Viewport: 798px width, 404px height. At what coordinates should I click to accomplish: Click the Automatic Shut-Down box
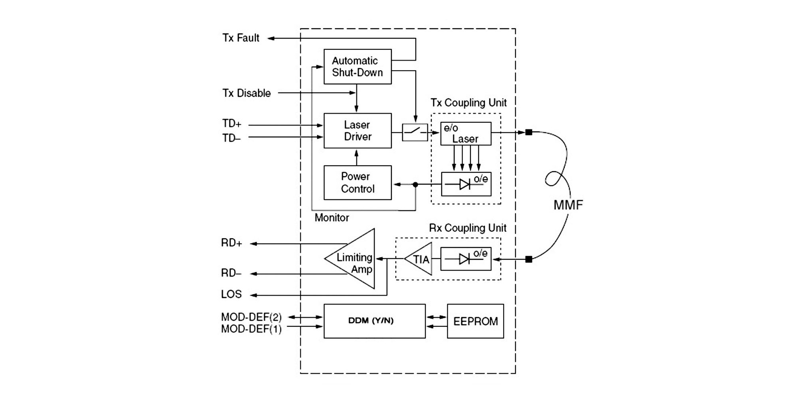[357, 67]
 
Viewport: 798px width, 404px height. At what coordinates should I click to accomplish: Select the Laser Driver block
[357, 131]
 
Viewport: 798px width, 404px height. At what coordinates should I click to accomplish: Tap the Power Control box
[357, 182]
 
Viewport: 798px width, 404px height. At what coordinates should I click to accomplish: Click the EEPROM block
[475, 321]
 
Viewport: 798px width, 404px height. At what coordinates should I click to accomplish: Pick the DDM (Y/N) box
[374, 321]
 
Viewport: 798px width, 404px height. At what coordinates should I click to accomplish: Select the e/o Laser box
[466, 133]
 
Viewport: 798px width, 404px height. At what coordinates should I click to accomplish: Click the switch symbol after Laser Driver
[415, 132]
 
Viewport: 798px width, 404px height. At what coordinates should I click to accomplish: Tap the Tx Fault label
[241, 38]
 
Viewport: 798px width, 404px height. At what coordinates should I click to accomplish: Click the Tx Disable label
[247, 93]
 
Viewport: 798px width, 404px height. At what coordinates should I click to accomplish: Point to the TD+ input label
[232, 124]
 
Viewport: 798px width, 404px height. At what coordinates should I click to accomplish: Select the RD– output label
[231, 273]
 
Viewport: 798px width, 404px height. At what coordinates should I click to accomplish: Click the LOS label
[231, 294]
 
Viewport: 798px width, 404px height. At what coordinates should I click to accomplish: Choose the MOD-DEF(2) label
[251, 317]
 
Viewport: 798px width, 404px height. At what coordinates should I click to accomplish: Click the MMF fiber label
[568, 205]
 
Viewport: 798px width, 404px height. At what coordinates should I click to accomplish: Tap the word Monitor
[332, 218]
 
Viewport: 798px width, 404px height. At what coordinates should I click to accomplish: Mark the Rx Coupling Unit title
[468, 228]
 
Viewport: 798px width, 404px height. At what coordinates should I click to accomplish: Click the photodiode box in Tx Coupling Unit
[466, 184]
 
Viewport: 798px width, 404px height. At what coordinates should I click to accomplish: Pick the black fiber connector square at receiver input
[529, 260]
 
